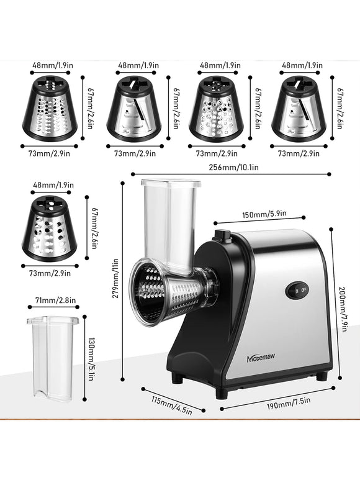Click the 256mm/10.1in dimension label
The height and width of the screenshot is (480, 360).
point(234,168)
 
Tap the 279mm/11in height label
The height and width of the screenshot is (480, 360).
point(115,279)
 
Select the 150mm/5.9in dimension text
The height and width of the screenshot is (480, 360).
point(264,214)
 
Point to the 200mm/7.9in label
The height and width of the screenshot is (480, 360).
point(343,309)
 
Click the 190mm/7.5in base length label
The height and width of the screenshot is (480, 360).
point(289,403)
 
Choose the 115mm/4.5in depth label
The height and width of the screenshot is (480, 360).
point(171,405)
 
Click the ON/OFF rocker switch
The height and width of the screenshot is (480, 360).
point(297,290)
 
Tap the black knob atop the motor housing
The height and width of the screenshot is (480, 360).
point(223,235)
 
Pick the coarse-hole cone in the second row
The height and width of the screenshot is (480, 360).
point(50,228)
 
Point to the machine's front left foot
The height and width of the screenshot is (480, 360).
point(222,393)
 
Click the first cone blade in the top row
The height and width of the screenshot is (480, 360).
point(50,109)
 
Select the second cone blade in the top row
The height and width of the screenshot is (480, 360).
point(134,109)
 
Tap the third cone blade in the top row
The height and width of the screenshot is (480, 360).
point(216,109)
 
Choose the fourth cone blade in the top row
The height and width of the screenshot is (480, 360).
point(299,109)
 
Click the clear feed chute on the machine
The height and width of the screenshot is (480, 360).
point(169,225)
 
